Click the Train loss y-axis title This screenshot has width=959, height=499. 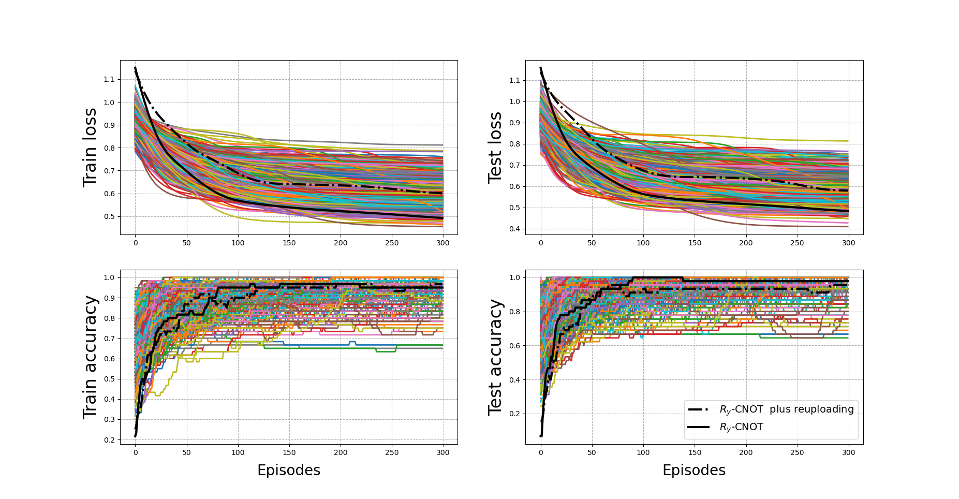pos(90,148)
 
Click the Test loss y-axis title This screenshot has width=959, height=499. pos(495,148)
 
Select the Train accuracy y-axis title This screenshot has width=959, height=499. pos(90,357)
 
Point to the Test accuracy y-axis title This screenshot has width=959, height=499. pos(495,357)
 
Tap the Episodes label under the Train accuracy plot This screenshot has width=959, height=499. pos(289,471)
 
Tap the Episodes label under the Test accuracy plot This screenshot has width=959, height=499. pos(694,471)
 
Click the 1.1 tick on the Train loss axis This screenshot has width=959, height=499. pos(109,79)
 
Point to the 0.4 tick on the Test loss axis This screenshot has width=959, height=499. pos(514,229)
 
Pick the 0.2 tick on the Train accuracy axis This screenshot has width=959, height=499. pos(109,440)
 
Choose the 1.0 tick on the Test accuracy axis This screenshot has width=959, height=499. pos(514,277)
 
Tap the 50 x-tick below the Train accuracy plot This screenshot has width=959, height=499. pos(186,452)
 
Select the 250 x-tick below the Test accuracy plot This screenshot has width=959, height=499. pos(797,452)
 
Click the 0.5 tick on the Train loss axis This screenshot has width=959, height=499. pos(109,216)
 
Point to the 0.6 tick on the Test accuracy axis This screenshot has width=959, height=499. pos(514,346)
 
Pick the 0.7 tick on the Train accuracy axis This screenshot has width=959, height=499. pos(109,339)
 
